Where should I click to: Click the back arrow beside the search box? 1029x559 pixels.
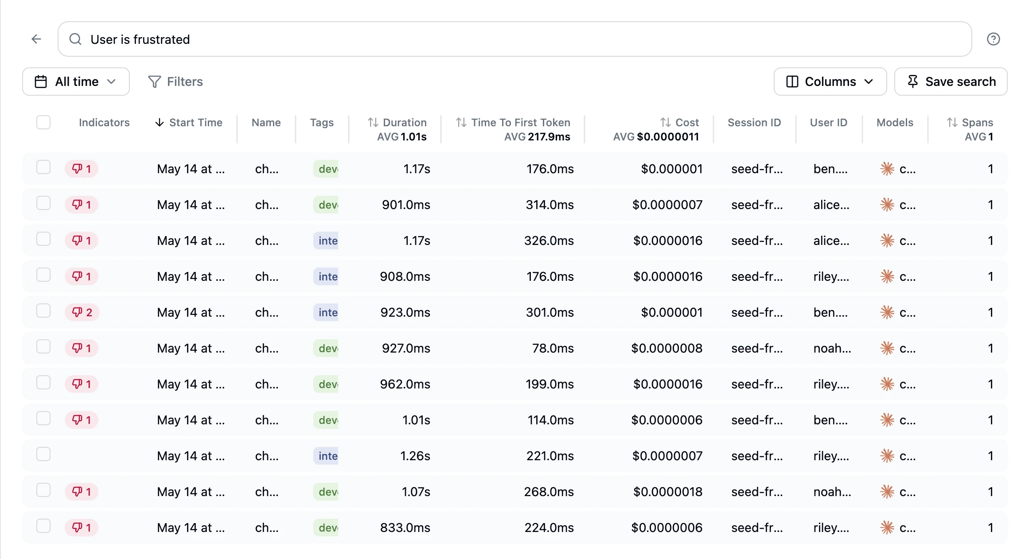(36, 39)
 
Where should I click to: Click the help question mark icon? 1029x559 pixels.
(993, 39)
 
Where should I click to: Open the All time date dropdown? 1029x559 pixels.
(76, 82)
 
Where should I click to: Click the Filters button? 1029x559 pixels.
(175, 82)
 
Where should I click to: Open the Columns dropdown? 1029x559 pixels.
(830, 82)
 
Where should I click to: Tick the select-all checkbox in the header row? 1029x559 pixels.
(43, 122)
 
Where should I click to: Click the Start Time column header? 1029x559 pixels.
(189, 122)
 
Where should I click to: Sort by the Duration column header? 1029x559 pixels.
(397, 122)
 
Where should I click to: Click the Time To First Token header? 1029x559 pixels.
(513, 122)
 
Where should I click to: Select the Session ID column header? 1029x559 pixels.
(754, 122)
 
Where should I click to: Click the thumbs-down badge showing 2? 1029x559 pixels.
(82, 312)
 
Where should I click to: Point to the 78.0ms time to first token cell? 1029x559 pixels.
(553, 348)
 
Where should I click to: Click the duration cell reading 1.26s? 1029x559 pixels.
(415, 456)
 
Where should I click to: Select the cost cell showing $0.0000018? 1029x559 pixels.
(668, 492)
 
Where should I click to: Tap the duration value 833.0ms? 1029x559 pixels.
(405, 528)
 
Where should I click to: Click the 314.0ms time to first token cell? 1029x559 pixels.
(550, 205)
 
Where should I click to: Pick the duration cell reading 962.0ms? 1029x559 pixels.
(405, 384)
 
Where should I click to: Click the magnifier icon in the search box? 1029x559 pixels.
(75, 39)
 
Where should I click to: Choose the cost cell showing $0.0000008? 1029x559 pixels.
(667, 348)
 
